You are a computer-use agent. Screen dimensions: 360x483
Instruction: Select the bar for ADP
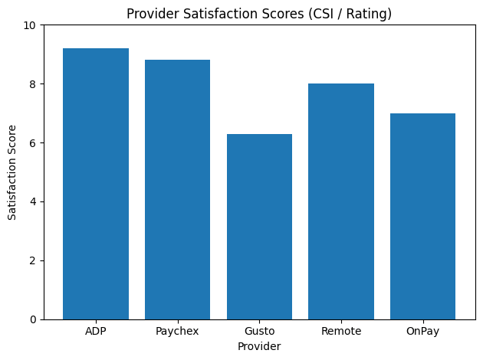tap(96, 184)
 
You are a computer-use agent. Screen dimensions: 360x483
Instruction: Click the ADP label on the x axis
tap(96, 331)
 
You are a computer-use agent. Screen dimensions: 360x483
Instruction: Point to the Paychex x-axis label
tap(177, 331)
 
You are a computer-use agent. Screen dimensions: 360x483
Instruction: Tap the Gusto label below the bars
tap(259, 331)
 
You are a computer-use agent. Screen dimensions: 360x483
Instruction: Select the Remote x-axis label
tap(341, 331)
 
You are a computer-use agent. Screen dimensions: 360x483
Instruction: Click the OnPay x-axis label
tap(422, 331)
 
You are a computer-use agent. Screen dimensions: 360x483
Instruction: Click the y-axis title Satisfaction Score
tap(12, 172)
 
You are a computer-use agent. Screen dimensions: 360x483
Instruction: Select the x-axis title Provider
tap(259, 347)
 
